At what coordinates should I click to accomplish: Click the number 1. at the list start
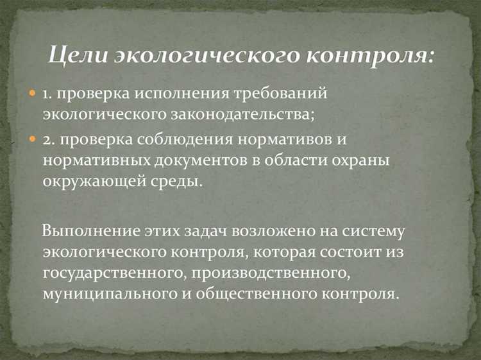click(x=47, y=94)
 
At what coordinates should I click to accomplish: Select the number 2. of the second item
click(x=49, y=139)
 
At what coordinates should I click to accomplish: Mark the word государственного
click(x=108, y=273)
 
